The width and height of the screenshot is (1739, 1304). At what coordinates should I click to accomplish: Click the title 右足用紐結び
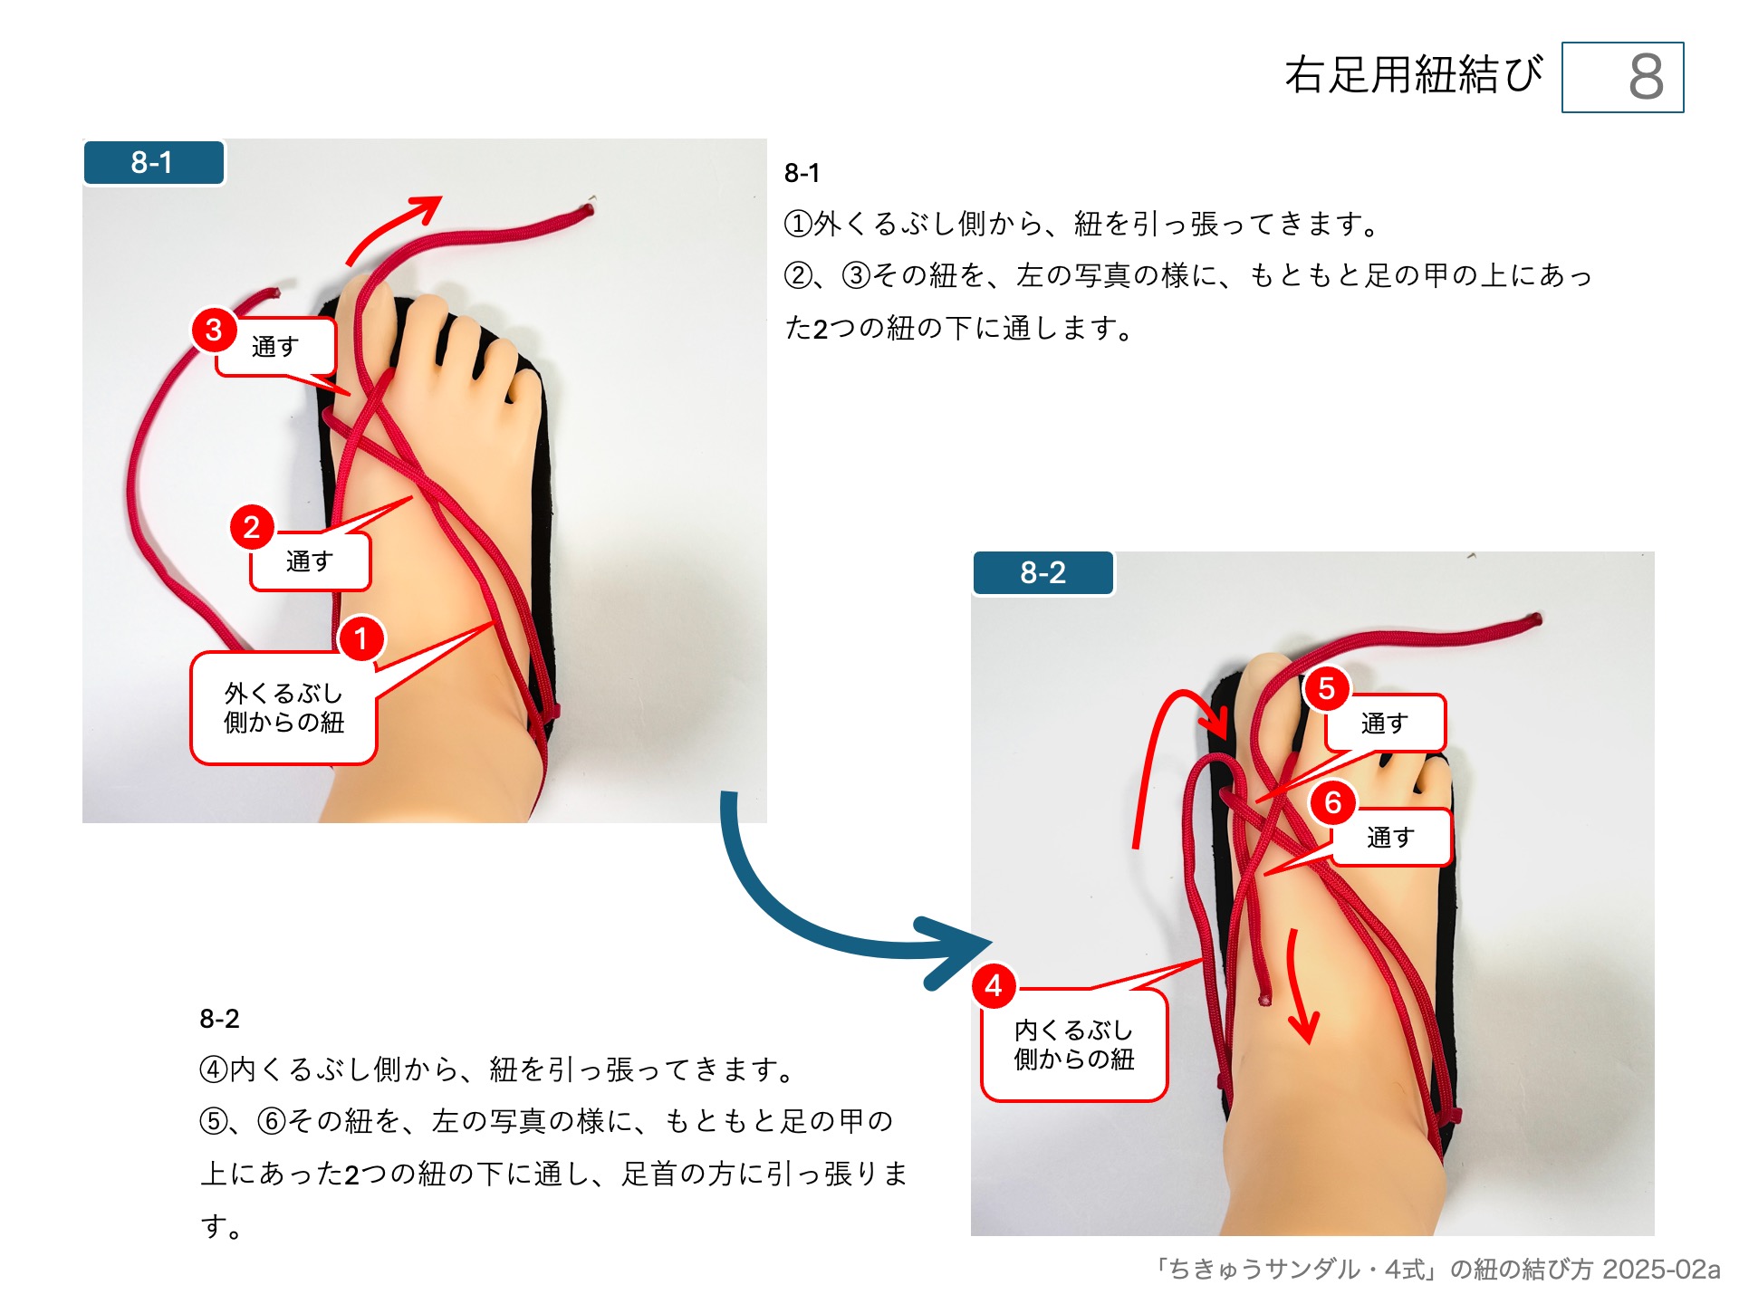[x=1413, y=74]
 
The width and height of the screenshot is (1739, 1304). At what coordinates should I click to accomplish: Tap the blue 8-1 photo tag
[x=153, y=163]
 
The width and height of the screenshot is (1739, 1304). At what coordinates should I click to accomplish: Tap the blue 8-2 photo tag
[x=1042, y=572]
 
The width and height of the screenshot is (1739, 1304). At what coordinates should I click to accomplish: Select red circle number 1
[x=361, y=638]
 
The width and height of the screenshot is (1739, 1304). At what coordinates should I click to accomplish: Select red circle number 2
[x=252, y=527]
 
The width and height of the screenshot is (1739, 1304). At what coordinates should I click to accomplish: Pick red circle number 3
[x=214, y=330]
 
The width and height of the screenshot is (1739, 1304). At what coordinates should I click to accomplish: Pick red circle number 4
[x=994, y=985]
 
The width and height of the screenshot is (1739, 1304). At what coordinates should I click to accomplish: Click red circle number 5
[x=1326, y=689]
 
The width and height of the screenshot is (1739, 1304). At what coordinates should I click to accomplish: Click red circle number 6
[x=1332, y=802]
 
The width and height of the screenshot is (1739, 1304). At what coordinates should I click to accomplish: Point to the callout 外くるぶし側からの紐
[x=283, y=708]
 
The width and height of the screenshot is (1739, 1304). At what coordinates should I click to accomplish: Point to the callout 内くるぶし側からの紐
[x=1074, y=1045]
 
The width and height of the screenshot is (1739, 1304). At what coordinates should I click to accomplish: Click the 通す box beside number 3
[x=275, y=347]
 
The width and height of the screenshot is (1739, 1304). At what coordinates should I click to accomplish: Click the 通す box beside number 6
[x=1391, y=838]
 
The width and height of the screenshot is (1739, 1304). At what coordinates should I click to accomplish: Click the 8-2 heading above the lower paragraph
[x=219, y=1019]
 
